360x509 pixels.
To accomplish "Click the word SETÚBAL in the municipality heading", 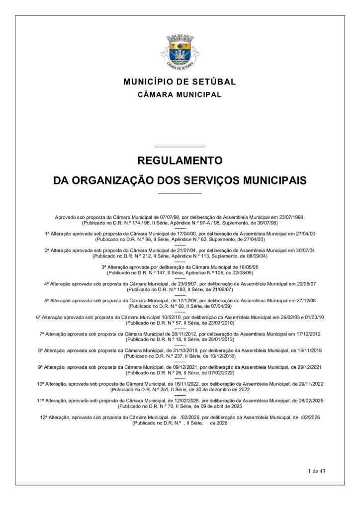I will pyautogui.click(x=214, y=82).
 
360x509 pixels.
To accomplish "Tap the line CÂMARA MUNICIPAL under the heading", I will pyautogui.click(x=180, y=94).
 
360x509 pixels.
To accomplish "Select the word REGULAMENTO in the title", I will pyautogui.click(x=180, y=161).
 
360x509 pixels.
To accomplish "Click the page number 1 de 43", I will pyautogui.click(x=316, y=471).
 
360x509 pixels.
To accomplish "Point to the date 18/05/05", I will pyautogui.click(x=247, y=267).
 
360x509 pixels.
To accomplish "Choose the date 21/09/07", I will pyautogui.click(x=221, y=289).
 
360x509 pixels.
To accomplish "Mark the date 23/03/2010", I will pyautogui.click(x=223, y=323).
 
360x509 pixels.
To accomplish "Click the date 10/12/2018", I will pyautogui.click(x=223, y=356).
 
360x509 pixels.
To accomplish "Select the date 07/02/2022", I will pyautogui.click(x=221, y=372).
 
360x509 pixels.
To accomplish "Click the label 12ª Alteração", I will pyautogui.click(x=54, y=418).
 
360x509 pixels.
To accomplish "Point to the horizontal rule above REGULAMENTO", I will pyautogui.click(x=180, y=147).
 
